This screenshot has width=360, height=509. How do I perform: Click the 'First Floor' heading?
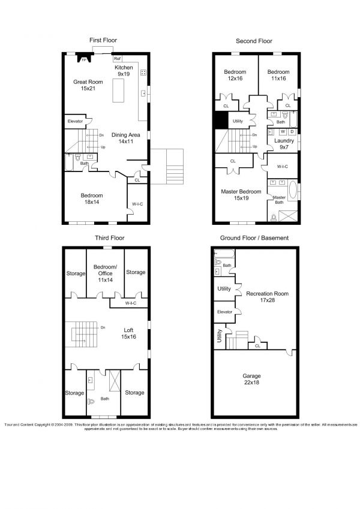pyautogui.click(x=103, y=40)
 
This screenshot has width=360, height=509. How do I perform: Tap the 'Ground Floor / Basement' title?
pyautogui.click(x=254, y=238)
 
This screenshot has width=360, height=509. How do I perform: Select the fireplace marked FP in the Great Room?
pyautogui.click(x=84, y=59)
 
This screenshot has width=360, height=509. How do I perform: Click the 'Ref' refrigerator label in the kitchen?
pyautogui.click(x=118, y=59)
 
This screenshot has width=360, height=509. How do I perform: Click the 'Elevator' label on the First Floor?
pyautogui.click(x=75, y=122)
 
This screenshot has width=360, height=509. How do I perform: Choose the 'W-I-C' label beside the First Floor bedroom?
pyautogui.click(x=137, y=204)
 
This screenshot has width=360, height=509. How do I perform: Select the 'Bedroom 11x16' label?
pyautogui.click(x=278, y=74)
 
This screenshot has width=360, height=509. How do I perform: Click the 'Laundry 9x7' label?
pyautogui.click(x=284, y=144)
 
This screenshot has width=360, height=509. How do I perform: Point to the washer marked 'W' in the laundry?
pyautogui.click(x=283, y=131)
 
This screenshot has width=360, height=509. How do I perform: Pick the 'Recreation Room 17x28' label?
pyautogui.click(x=267, y=297)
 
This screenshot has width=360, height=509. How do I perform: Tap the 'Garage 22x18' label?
pyautogui.click(x=254, y=380)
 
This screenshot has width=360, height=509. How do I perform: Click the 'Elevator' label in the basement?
pyautogui.click(x=225, y=312)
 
